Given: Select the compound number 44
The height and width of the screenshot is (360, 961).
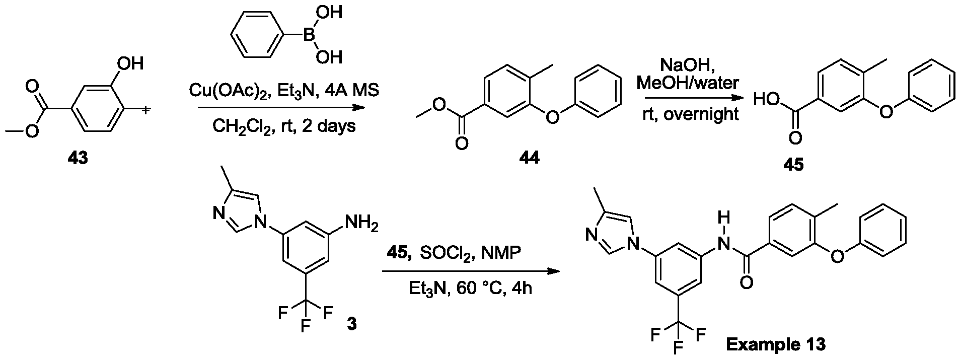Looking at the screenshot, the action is (530, 158).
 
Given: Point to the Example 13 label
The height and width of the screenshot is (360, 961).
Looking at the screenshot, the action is (775, 344).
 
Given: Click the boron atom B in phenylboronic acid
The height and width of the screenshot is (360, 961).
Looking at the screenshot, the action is (308, 34).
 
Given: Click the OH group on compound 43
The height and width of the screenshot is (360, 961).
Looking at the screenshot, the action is (130, 63).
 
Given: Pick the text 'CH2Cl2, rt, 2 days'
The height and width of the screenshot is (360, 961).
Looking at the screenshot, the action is (283, 125).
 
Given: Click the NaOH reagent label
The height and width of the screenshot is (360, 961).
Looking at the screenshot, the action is (688, 64).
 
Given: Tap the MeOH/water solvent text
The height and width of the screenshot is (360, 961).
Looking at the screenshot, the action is (688, 83).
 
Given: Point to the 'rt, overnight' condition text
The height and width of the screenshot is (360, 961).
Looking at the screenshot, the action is (690, 114).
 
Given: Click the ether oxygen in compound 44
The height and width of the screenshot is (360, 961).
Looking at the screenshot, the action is (553, 118).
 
